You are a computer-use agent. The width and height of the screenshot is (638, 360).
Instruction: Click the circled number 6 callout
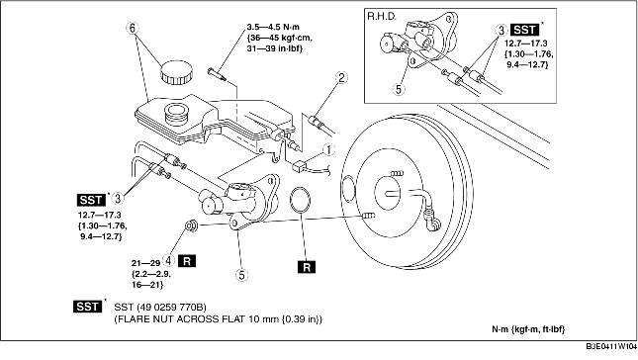tap(133, 28)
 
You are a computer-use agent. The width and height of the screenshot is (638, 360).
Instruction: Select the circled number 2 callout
tap(341, 77)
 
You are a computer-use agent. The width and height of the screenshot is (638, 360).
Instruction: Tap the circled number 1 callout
tap(328, 150)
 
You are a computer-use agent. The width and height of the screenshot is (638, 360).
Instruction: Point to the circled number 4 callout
tap(168, 260)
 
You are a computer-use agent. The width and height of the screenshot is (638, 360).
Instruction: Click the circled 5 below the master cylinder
tap(241, 275)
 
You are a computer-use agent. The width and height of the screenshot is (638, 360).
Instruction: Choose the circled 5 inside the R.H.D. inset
tap(399, 89)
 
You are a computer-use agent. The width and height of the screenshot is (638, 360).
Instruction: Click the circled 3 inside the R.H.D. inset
tap(501, 30)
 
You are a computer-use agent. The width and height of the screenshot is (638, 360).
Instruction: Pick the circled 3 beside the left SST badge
tap(118, 199)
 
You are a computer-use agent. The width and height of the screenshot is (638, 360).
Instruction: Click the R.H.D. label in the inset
tap(382, 16)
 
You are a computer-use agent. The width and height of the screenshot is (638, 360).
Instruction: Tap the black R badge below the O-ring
tap(307, 267)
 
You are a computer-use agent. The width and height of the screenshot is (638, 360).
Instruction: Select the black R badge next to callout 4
tap(187, 261)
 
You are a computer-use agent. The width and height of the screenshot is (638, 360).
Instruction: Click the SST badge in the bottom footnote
tap(87, 307)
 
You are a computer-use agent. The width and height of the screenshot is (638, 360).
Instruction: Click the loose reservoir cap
tap(176, 72)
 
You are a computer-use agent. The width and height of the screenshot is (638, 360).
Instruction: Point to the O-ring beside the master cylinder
tap(301, 200)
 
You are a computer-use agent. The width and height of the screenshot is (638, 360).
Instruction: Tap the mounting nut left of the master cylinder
tap(191, 225)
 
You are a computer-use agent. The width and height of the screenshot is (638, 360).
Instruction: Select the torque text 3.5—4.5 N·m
tap(273, 27)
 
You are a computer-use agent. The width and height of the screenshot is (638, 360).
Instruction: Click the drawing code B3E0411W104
tap(611, 346)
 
